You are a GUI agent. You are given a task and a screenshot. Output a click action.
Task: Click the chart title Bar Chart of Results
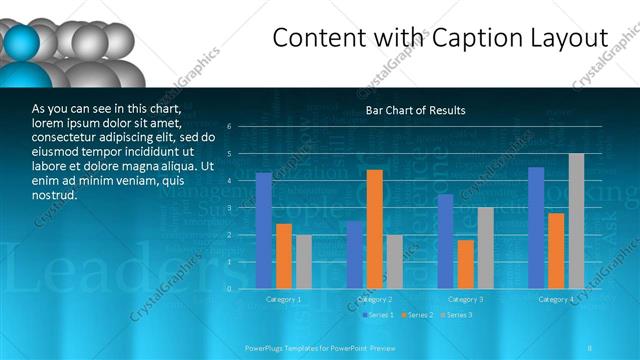pos(415,110)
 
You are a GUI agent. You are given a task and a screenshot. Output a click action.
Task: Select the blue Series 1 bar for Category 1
pos(263,230)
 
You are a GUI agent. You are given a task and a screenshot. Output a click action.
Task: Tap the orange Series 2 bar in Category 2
pos(374,229)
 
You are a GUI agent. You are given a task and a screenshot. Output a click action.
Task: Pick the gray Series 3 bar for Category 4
pos(576,221)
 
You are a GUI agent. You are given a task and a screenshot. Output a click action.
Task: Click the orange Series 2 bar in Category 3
pos(465,264)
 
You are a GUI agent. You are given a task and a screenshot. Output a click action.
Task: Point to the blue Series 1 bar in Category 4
pos(536,227)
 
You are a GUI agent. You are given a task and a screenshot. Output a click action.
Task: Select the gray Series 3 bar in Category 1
pos(303,261)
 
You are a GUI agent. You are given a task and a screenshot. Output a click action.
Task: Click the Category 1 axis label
pos(283,299)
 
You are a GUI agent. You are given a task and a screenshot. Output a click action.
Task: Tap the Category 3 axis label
pos(465,299)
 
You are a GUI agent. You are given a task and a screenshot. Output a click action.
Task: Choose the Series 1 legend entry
pos(379,315)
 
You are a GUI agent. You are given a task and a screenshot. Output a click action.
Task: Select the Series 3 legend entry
pos(456,315)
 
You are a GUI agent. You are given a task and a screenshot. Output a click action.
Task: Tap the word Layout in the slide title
pos(570,38)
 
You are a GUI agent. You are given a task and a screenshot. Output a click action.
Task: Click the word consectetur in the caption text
pos(67,137)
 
